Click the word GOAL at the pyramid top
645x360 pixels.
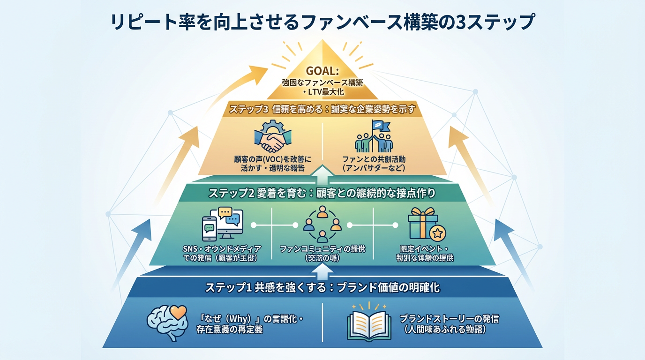322,71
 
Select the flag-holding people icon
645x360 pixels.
374,137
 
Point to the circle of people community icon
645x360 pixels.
322,225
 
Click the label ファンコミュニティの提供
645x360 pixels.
322,248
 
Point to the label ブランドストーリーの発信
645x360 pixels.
449,319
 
